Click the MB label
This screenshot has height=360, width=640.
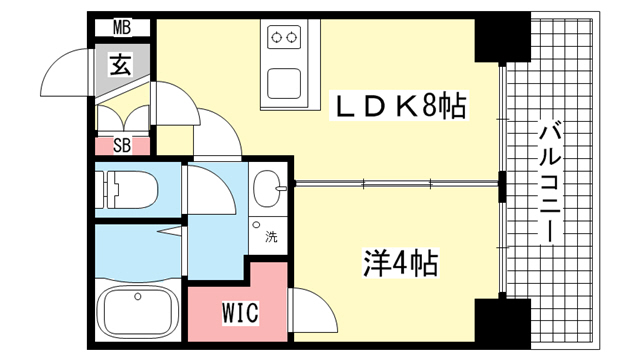point(122,28)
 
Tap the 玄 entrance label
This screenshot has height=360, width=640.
point(121,65)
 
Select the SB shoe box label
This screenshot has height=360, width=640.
point(122,145)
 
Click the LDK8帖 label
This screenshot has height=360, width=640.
point(399,105)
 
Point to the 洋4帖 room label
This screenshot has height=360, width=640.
point(401,263)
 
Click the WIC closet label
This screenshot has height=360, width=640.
point(240,313)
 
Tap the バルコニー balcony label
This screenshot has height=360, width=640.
point(551,184)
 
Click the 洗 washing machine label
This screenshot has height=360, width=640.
point(271,236)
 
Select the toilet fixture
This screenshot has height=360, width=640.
point(127,190)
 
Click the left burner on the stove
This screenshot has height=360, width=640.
point(277,38)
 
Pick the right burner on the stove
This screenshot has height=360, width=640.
point(291,38)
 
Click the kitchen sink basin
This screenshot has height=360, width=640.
point(284,84)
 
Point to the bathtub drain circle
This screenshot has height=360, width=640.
point(138,297)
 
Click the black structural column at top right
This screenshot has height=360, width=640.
point(502,38)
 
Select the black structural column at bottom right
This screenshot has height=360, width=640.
point(502,323)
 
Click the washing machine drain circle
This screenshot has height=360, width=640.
point(256,224)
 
